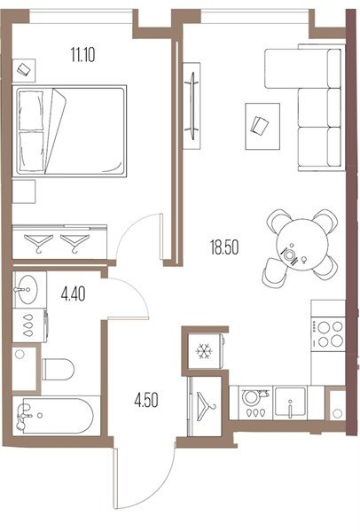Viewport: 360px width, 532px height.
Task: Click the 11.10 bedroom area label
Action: coord(82,55)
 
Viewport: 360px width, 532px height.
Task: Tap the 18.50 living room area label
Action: coord(224,247)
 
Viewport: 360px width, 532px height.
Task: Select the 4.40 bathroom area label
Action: coord(73,293)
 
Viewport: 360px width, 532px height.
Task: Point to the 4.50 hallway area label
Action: coord(146,401)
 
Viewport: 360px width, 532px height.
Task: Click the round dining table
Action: coord(302,245)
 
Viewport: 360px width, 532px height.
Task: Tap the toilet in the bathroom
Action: coord(58,369)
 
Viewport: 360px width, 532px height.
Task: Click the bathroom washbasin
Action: coord(27,289)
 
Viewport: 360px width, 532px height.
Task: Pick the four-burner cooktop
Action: coord(328,334)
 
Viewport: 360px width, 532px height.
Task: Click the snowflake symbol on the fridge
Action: coord(204,351)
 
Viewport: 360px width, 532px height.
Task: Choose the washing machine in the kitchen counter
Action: coord(255,403)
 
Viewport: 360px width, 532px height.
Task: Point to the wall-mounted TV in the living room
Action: coord(192,106)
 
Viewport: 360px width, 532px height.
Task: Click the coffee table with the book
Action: coord(262,126)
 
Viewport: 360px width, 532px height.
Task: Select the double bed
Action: coord(69,131)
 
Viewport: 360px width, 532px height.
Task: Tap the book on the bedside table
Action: coord(24,70)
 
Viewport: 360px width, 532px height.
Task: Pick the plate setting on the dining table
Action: coord(290,254)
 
